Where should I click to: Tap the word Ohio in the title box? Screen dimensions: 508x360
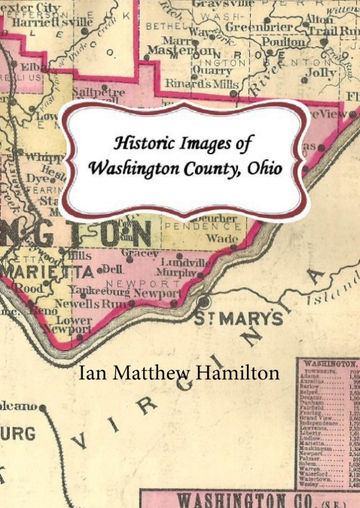click(x=263, y=168)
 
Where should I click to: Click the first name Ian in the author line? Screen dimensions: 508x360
click(x=93, y=372)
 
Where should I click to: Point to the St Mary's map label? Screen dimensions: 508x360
click(x=238, y=318)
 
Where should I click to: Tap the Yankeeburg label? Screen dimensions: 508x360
click(x=98, y=291)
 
